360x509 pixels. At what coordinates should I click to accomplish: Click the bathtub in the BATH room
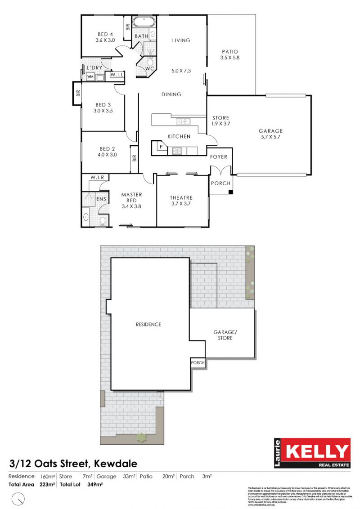(x=144, y=21)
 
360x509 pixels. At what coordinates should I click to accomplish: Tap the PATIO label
(x=229, y=52)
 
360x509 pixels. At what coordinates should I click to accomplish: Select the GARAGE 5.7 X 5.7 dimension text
(x=270, y=137)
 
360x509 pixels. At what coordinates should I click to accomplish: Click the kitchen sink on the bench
(x=183, y=121)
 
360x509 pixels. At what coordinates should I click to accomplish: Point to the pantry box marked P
(x=160, y=146)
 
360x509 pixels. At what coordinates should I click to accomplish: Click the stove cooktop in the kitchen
(x=177, y=151)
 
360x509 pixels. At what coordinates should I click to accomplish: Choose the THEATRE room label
(x=181, y=198)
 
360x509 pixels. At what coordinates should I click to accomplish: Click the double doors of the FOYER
(x=221, y=171)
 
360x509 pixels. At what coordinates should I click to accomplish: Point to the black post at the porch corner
(x=230, y=192)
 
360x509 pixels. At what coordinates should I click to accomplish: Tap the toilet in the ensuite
(x=103, y=220)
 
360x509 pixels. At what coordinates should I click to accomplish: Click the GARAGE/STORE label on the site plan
(x=225, y=335)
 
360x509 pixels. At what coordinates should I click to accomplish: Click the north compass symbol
(x=18, y=498)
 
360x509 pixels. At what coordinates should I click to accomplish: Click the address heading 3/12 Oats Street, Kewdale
(x=73, y=463)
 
